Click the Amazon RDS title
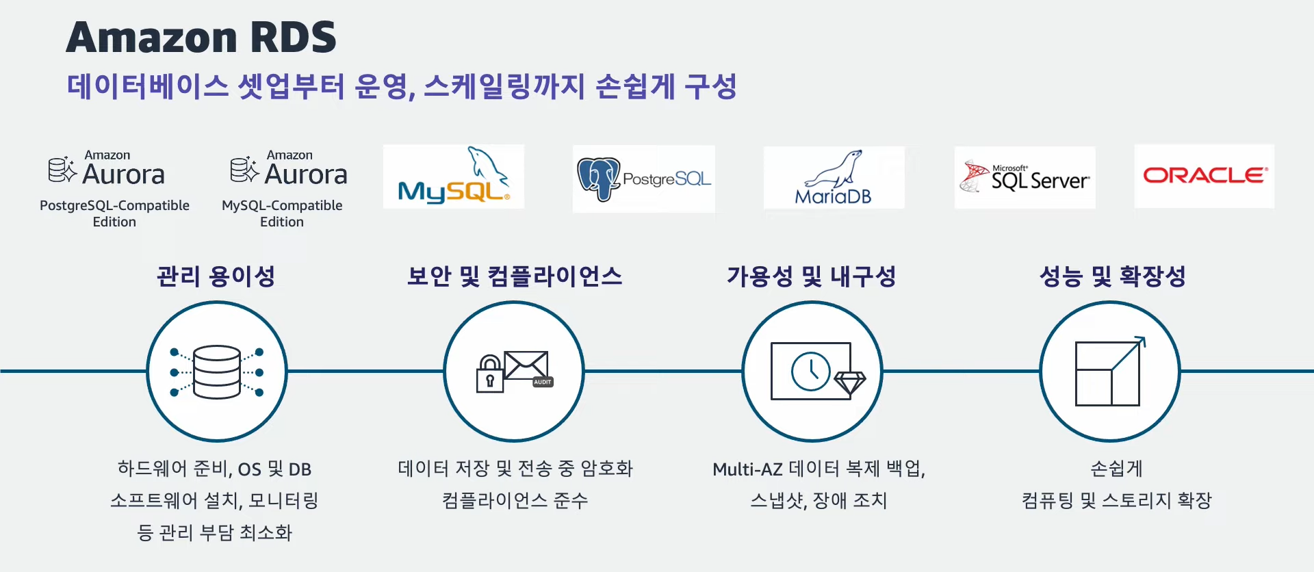click(201, 37)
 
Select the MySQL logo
click(454, 177)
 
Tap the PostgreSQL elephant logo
click(598, 179)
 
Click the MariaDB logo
click(834, 178)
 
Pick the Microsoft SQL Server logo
click(1025, 177)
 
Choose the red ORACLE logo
click(1204, 176)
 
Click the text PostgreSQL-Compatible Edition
click(114, 213)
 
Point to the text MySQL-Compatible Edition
click(282, 213)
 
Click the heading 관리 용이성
click(216, 276)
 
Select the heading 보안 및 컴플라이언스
click(515, 276)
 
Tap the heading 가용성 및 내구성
click(812, 276)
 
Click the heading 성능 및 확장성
click(1112, 276)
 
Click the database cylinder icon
click(217, 372)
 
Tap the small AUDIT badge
click(543, 382)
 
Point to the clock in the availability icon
click(810, 372)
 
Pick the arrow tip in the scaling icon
click(1141, 340)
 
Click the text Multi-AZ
click(747, 469)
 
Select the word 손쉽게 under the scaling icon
click(1116, 469)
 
